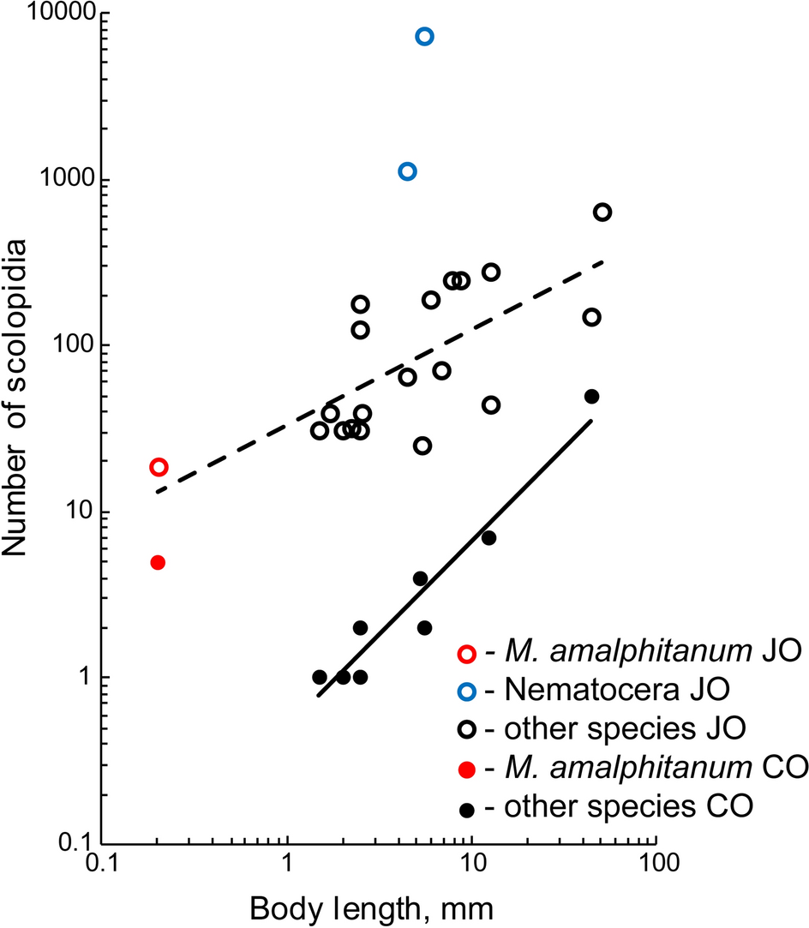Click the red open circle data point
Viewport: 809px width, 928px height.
pyautogui.click(x=159, y=467)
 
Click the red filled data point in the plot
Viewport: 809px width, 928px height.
pyautogui.click(x=158, y=563)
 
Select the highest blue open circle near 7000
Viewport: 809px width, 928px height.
pyautogui.click(x=424, y=36)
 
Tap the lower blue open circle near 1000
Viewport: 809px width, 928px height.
pyautogui.click(x=408, y=171)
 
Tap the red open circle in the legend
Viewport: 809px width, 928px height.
pyautogui.click(x=467, y=653)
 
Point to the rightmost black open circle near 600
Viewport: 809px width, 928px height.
pyautogui.click(x=602, y=213)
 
